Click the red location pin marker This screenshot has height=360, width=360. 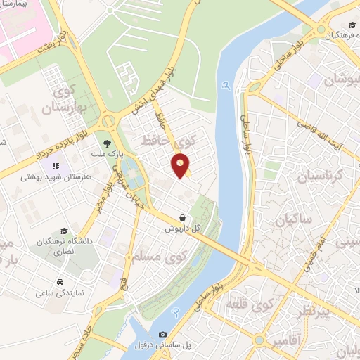click(181, 165)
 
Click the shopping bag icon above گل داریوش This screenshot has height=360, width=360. click(183, 217)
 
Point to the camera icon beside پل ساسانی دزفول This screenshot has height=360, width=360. click(163, 334)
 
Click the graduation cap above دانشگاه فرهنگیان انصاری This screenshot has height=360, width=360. click(64, 231)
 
